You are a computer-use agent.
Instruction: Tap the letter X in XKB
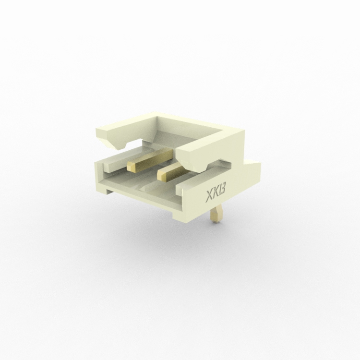tap(208, 196)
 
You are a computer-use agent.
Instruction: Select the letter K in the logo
tap(216, 194)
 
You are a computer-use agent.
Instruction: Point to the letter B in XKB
tap(222, 191)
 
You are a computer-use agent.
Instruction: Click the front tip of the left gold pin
tap(131, 167)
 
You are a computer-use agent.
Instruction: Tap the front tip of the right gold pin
tap(161, 176)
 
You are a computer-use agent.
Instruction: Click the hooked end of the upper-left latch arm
tap(120, 144)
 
